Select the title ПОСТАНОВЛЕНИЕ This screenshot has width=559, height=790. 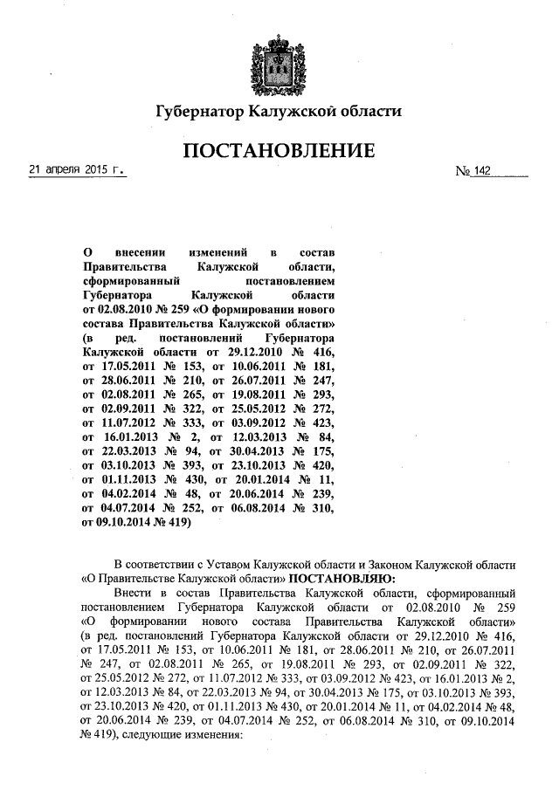[x=279, y=151]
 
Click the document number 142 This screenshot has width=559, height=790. [x=482, y=173]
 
